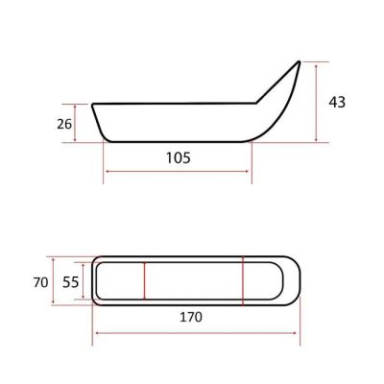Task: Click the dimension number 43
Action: [x=337, y=102]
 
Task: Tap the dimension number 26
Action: [x=64, y=124]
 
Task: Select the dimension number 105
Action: [x=179, y=157]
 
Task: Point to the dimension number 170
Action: [x=191, y=317]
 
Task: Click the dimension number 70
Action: [x=40, y=282]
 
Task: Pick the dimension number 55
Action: [x=70, y=282]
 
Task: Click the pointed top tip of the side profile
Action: [x=300, y=61]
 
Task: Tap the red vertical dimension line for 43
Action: [x=316, y=103]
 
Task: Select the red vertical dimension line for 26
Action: [x=75, y=123]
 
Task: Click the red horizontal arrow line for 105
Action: [x=177, y=172]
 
